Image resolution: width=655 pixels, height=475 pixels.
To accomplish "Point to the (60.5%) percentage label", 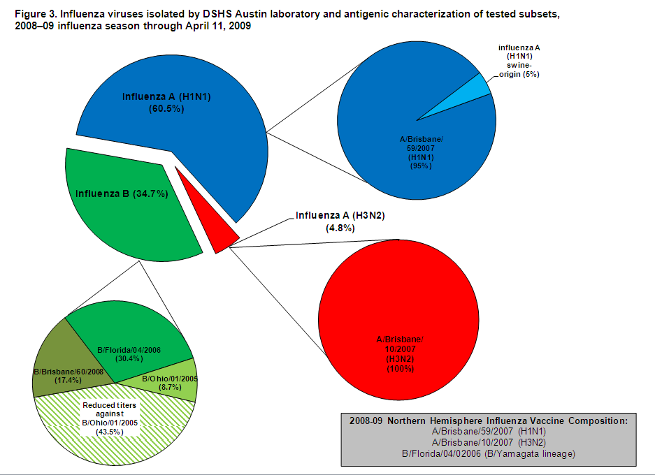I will [x=166, y=108].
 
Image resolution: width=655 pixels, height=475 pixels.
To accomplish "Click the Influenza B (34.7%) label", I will [x=122, y=193].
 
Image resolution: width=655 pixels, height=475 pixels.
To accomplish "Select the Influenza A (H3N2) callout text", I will [x=340, y=216].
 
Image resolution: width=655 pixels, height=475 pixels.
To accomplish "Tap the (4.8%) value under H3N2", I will [x=340, y=228].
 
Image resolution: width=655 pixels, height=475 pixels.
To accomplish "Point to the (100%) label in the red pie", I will [x=400, y=367].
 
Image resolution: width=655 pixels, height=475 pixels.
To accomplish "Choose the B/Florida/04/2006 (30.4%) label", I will [x=129, y=353].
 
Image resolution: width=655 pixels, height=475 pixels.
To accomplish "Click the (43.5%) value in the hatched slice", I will [x=109, y=432].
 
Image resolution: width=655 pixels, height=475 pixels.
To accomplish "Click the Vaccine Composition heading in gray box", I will [x=487, y=421].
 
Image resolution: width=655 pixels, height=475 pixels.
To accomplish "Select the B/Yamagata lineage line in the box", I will [x=487, y=454].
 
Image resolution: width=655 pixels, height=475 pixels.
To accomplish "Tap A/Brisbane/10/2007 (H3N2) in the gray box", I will [x=487, y=443].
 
